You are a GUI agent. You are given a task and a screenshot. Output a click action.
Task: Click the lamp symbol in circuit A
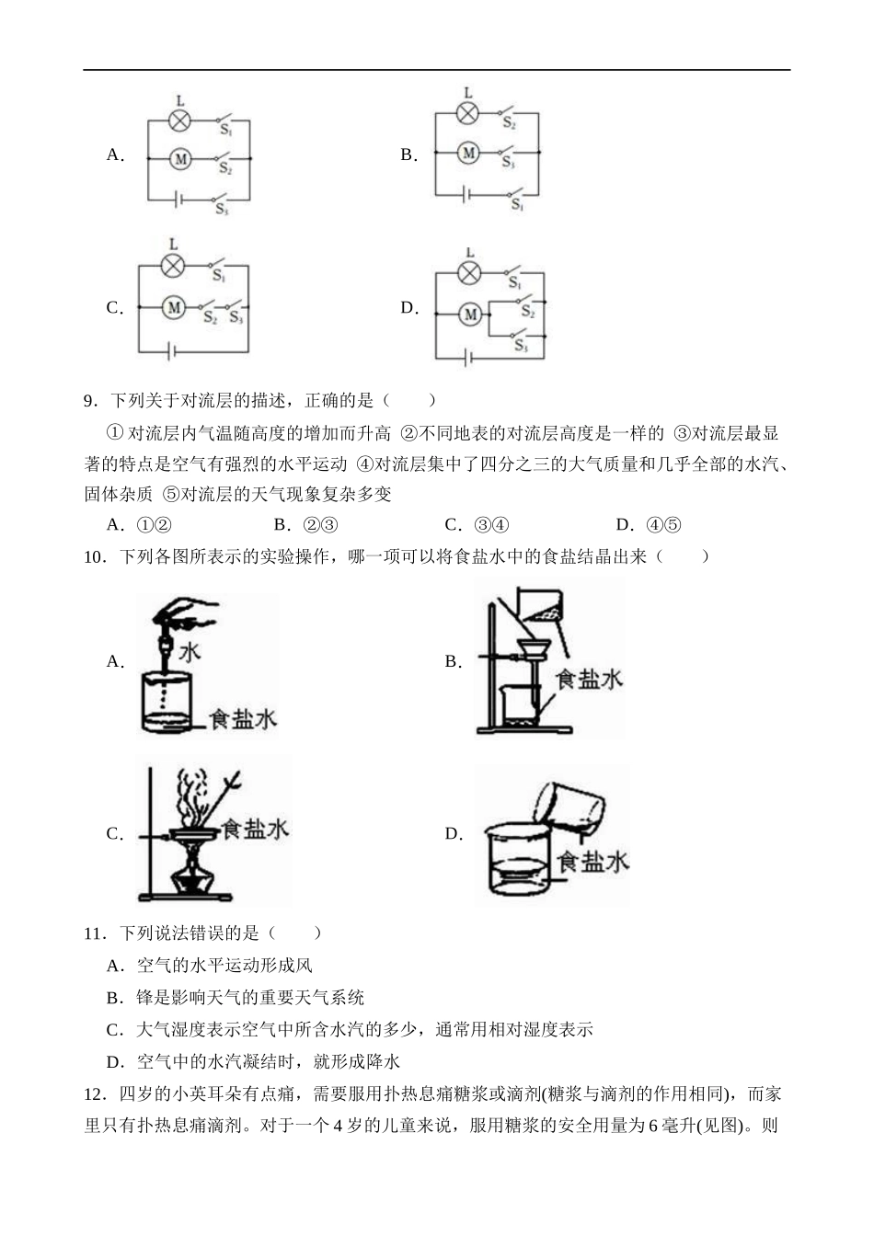point(180,120)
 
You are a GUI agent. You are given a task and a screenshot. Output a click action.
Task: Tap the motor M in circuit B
point(468,153)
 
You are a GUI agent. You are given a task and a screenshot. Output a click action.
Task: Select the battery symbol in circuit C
point(170,349)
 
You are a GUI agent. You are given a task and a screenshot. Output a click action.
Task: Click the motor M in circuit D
point(469,315)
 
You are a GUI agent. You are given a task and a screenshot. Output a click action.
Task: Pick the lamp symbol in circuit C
point(172,266)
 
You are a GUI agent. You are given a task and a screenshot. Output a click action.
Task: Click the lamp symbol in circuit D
point(469,273)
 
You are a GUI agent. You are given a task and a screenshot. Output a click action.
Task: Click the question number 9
point(90,401)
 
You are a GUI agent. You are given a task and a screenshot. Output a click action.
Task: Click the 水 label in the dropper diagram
point(190,653)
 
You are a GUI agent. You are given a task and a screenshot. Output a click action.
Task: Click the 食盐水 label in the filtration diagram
point(589,679)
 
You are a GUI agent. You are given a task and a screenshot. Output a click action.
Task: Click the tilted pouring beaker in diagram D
point(570,807)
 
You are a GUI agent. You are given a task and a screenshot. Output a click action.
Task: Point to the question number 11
point(95,933)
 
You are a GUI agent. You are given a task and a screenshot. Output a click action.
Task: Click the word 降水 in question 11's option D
point(385,1062)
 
